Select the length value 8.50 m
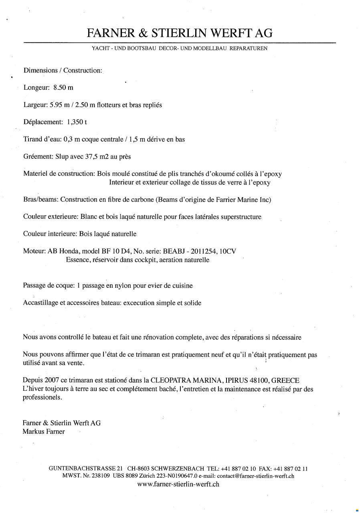[x=63, y=87]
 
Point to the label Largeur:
[x=36, y=105]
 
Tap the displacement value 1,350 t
[x=77, y=122]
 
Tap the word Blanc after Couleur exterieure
[x=89, y=217]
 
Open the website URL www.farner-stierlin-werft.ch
[x=178, y=484]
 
